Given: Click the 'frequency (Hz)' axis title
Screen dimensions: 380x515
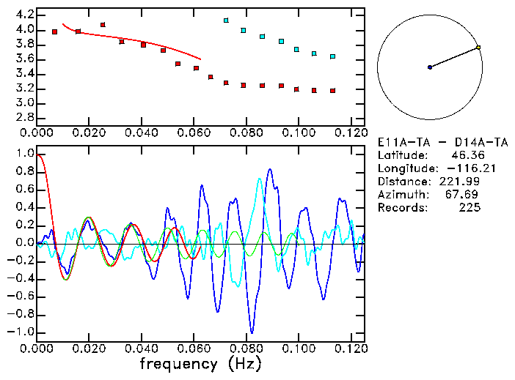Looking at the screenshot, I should click(x=200, y=364).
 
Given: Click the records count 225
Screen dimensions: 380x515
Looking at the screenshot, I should click(x=469, y=208).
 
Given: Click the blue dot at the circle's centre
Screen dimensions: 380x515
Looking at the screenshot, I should click(x=430, y=67).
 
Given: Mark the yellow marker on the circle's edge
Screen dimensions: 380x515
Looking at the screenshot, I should click(x=478, y=48).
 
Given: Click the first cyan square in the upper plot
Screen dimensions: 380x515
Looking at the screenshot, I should click(x=226, y=21).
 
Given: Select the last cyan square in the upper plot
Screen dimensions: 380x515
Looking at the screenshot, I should click(x=332, y=56).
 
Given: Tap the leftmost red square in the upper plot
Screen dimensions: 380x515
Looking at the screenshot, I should click(x=55, y=32).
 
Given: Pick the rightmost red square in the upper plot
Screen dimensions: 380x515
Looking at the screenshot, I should click(x=332, y=91).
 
